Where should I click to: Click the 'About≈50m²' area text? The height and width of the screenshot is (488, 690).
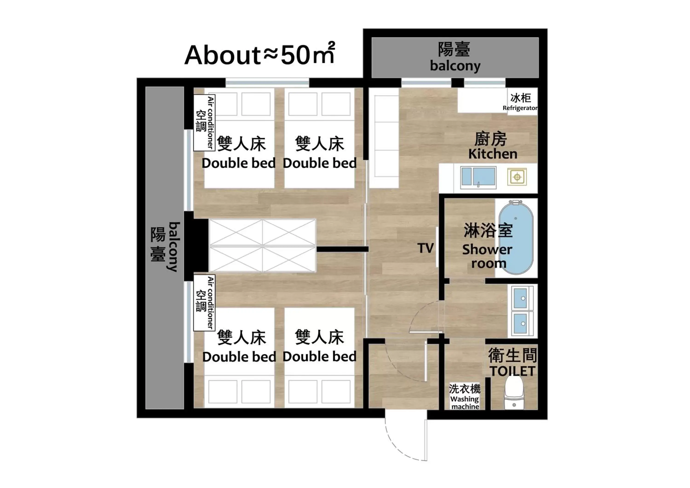(x=260, y=55)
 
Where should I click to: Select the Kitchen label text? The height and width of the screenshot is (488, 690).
(x=493, y=154)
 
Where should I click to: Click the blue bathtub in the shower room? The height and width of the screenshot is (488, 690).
(x=516, y=237)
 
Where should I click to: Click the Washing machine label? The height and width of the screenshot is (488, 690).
(x=465, y=403)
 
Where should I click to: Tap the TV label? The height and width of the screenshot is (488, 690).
(x=425, y=248)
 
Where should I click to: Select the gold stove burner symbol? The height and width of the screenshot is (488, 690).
(x=517, y=177)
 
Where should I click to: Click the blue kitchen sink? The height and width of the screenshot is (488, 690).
(x=478, y=177)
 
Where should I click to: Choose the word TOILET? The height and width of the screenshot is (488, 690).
(x=512, y=371)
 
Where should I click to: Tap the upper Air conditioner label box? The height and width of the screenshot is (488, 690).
(x=204, y=123)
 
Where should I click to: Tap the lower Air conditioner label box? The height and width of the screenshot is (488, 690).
(x=204, y=303)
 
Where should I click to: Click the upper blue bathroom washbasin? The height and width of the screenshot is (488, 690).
(x=520, y=298)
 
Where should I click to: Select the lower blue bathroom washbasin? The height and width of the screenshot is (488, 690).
(x=520, y=323)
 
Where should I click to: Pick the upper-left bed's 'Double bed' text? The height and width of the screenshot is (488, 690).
(x=238, y=164)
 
